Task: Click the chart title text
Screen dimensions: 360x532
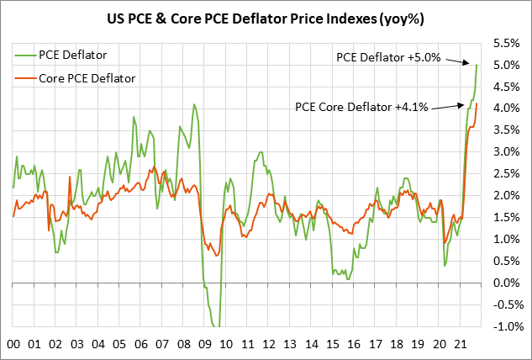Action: click(x=266, y=16)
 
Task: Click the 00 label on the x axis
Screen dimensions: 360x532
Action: click(x=13, y=344)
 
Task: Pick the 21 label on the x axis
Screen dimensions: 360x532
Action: click(x=459, y=344)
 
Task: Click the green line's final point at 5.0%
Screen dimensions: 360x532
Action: click(x=477, y=65)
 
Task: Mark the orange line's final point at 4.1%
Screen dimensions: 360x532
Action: click(x=477, y=103)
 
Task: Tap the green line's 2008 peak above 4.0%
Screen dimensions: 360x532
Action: click(x=194, y=104)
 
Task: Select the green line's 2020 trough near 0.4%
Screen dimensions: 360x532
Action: click(x=445, y=266)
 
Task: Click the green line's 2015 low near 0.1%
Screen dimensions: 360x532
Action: click(x=348, y=278)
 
